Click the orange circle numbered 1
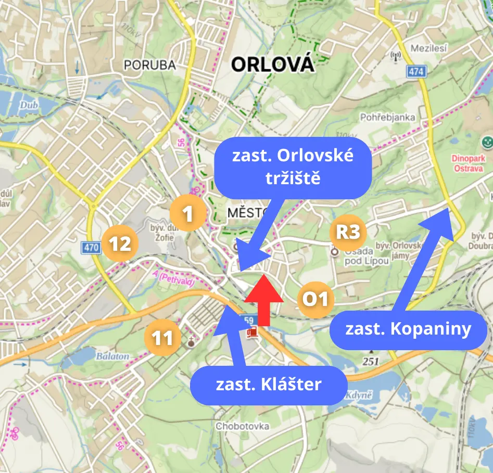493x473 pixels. tap(188, 213)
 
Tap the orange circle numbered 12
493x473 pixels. tap(120, 244)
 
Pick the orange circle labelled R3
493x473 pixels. tap(348, 232)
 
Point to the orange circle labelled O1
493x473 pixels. tap(316, 299)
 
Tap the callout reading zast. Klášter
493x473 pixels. tap(269, 385)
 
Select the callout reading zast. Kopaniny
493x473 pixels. tap(408, 329)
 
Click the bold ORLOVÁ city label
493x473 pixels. tap(272, 65)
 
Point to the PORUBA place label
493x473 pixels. tap(149, 65)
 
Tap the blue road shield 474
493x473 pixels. tap(416, 72)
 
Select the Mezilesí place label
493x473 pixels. tap(429, 48)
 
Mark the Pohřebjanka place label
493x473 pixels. tap(388, 117)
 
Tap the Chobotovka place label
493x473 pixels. tap(243, 426)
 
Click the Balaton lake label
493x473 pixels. tap(112, 356)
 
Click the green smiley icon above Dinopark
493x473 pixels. tap(487, 140)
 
